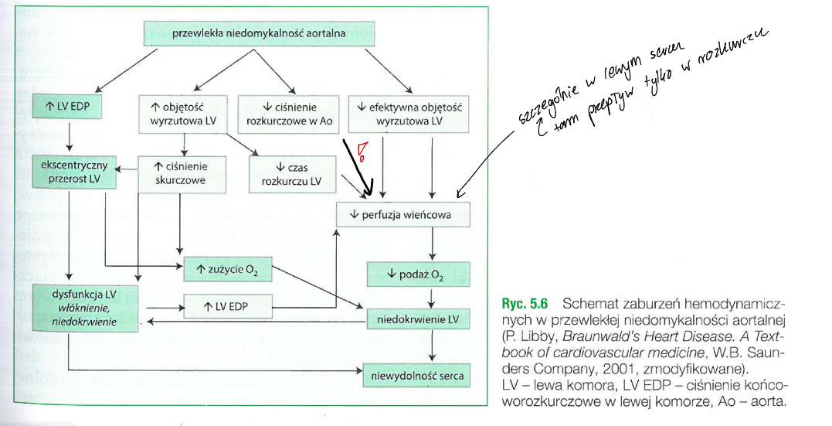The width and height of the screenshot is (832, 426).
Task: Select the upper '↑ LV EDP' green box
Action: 67,106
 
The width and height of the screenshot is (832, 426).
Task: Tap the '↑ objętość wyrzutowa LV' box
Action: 183,114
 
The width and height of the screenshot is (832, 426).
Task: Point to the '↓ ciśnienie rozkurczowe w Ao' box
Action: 288,114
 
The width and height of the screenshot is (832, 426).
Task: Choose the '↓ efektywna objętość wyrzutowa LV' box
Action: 409,114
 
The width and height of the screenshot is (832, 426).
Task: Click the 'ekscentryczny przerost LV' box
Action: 74,172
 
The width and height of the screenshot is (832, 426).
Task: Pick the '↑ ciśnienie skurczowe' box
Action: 183,172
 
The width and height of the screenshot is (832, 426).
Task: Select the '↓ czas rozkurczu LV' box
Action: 293,173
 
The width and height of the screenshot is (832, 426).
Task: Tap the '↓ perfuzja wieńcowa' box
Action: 403,214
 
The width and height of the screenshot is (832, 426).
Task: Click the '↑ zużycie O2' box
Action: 228,268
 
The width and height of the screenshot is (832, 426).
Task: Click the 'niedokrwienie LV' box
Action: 416,318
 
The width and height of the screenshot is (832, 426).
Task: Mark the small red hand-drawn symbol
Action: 360,152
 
